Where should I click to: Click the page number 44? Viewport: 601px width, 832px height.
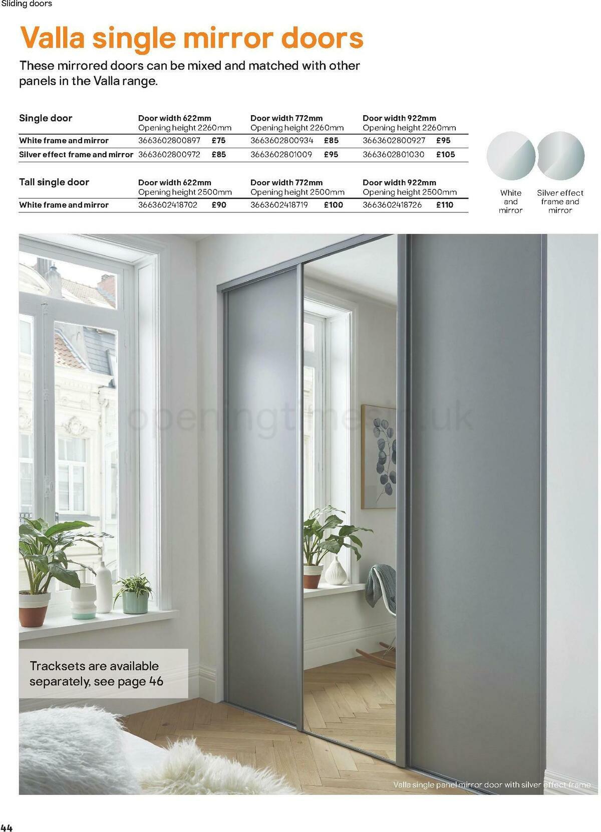point(7,827)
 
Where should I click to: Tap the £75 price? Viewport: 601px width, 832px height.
point(218,141)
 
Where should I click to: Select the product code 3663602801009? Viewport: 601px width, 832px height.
point(281,155)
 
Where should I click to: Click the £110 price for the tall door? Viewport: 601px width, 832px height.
point(444,205)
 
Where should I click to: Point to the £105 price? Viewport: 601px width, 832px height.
point(445,155)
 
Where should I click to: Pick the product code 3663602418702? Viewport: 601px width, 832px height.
point(168,205)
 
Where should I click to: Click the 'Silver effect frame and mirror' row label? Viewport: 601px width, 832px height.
point(76,155)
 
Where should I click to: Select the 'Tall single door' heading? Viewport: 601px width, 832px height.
point(54,182)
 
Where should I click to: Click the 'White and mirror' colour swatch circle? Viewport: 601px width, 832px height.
point(510,156)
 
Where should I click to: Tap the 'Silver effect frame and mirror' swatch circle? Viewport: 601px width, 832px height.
point(560,156)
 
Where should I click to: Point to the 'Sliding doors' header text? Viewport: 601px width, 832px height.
point(27,4)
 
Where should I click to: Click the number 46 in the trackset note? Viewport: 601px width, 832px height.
point(156,681)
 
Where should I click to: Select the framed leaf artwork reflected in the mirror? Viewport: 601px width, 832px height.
point(379,457)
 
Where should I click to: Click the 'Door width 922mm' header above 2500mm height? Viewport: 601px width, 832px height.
point(399,183)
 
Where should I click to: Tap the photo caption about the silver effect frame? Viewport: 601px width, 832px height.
point(491,784)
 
